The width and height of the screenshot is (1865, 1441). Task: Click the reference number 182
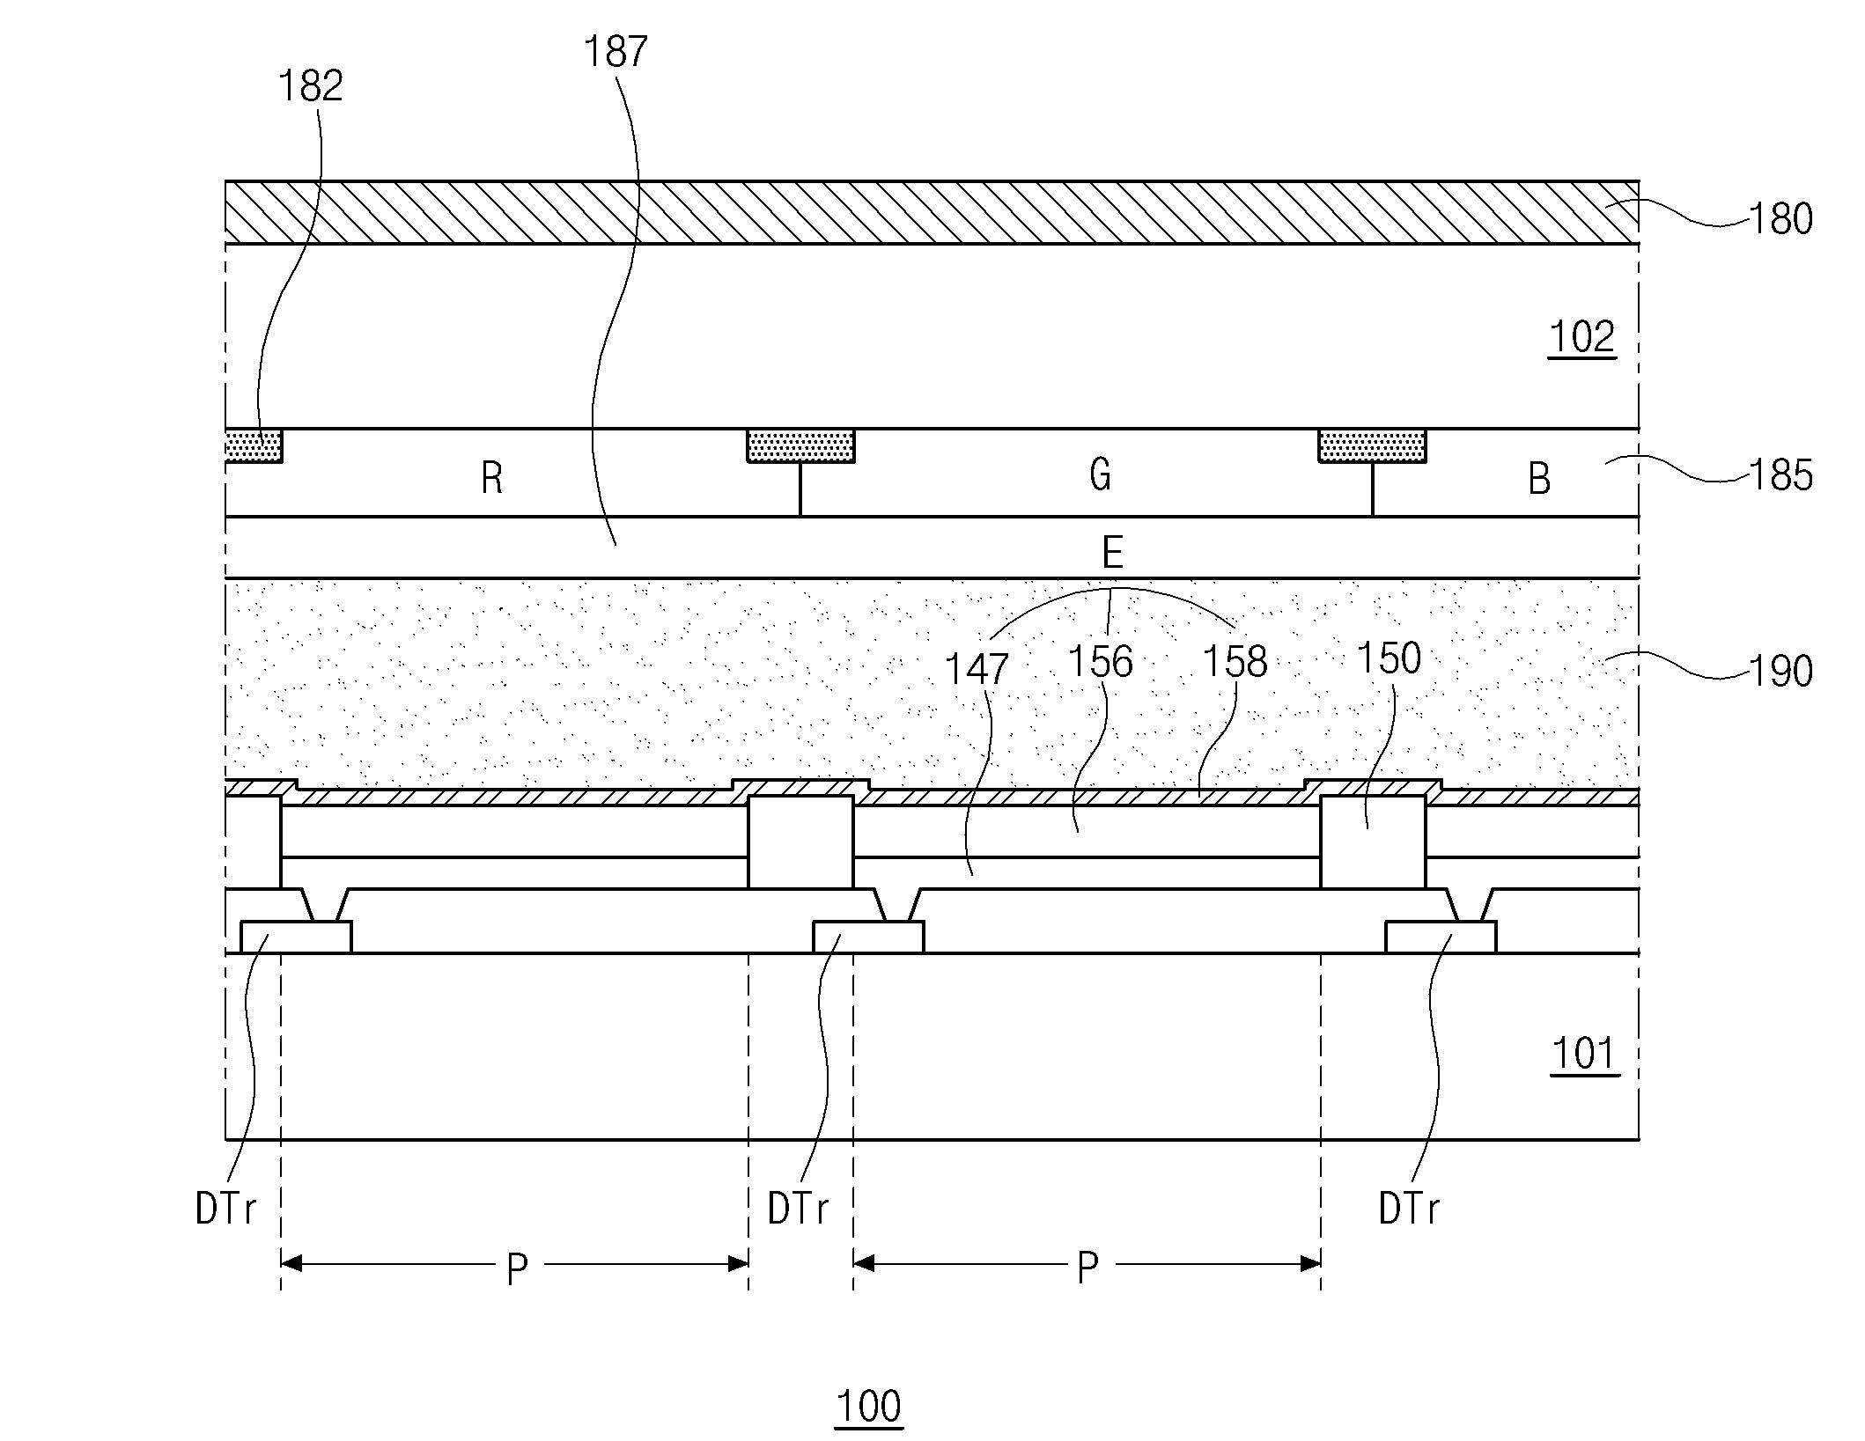pyautogui.click(x=310, y=86)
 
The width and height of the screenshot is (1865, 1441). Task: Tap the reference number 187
pyautogui.click(x=616, y=52)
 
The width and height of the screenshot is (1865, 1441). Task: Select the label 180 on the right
pyautogui.click(x=1780, y=219)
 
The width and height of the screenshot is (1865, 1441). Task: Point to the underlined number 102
pyautogui.click(x=1581, y=337)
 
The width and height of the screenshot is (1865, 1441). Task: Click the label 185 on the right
pyautogui.click(x=1780, y=475)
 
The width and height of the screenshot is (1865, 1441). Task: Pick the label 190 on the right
pyautogui.click(x=1780, y=672)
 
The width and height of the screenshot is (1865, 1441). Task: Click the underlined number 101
pyautogui.click(x=1584, y=1054)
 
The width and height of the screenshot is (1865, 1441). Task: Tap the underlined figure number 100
pyautogui.click(x=868, y=1406)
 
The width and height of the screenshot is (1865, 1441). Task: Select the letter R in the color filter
pyautogui.click(x=492, y=479)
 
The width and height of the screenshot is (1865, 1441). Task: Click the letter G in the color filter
pyautogui.click(x=1100, y=475)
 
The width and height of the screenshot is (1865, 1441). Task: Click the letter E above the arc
pyautogui.click(x=1112, y=553)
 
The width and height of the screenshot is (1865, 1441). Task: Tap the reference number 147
pyautogui.click(x=976, y=670)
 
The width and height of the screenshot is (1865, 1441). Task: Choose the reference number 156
pyautogui.click(x=1100, y=662)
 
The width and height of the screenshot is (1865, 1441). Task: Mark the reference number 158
pyautogui.click(x=1235, y=662)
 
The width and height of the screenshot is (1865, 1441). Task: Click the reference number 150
pyautogui.click(x=1389, y=658)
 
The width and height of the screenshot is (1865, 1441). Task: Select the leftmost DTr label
pyautogui.click(x=225, y=1209)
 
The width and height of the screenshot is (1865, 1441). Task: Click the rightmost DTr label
pyautogui.click(x=1409, y=1209)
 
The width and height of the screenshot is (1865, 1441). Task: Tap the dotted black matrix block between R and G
pyautogui.click(x=800, y=446)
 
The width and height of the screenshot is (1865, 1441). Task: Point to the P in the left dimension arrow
pyautogui.click(x=517, y=1268)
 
